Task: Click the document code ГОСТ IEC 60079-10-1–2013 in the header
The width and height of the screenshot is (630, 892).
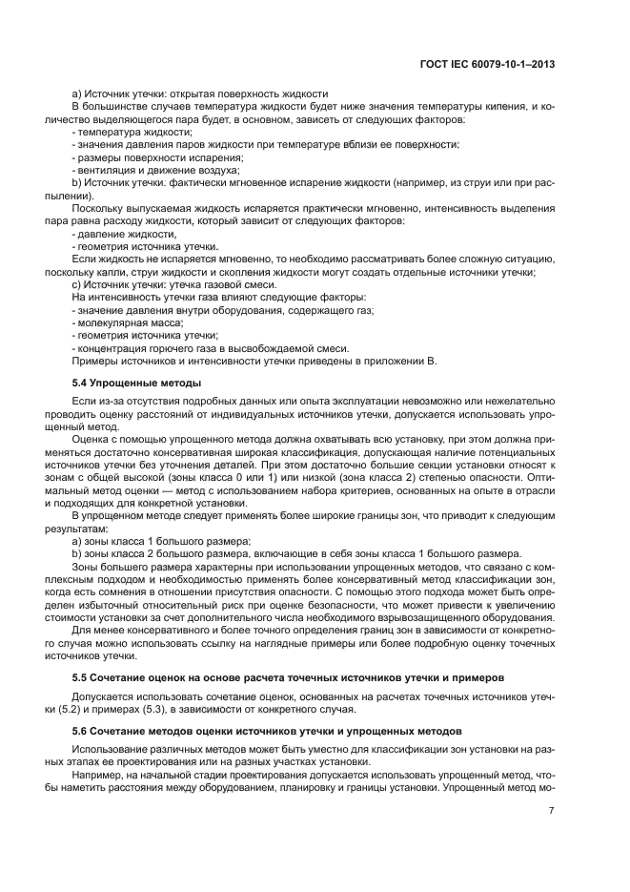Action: click(487, 64)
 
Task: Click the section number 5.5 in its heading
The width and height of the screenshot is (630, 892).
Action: click(80, 677)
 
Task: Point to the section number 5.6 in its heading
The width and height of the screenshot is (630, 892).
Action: click(80, 730)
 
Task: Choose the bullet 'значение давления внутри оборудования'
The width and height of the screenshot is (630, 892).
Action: click(223, 311)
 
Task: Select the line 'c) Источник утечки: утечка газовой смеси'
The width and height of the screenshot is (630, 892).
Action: click(174, 285)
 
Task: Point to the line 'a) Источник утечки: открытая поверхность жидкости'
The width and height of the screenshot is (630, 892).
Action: click(200, 93)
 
